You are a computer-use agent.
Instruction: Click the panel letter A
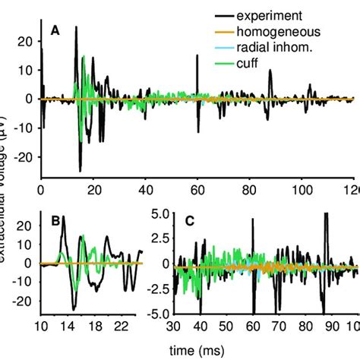tap(55, 31)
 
